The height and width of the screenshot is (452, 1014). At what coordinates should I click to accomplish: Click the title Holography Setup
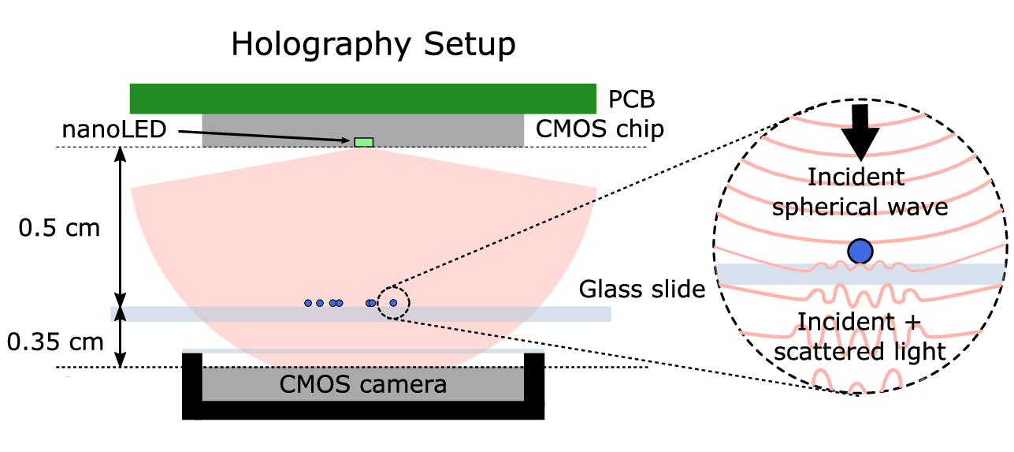click(373, 45)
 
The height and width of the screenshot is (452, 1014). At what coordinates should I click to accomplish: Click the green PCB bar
click(362, 99)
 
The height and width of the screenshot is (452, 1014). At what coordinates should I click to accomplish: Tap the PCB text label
click(632, 100)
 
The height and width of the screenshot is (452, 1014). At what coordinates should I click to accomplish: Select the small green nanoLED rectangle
click(363, 142)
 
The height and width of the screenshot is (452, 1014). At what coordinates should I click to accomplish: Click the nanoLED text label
click(114, 129)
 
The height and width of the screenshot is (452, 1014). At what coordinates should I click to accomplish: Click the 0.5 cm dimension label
click(60, 229)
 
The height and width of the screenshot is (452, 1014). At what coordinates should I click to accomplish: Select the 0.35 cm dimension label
click(55, 342)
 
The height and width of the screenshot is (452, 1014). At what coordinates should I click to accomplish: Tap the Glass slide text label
click(641, 290)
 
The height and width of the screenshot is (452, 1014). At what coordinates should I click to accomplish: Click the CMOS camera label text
click(363, 385)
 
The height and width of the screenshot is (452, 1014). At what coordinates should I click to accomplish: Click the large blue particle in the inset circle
click(860, 251)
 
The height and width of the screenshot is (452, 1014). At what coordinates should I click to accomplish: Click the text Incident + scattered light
click(859, 337)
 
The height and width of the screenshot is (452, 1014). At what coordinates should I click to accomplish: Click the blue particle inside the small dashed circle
click(393, 303)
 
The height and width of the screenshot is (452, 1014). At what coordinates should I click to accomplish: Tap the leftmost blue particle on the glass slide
click(308, 303)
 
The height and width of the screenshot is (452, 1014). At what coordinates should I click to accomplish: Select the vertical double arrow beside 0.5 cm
click(121, 227)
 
